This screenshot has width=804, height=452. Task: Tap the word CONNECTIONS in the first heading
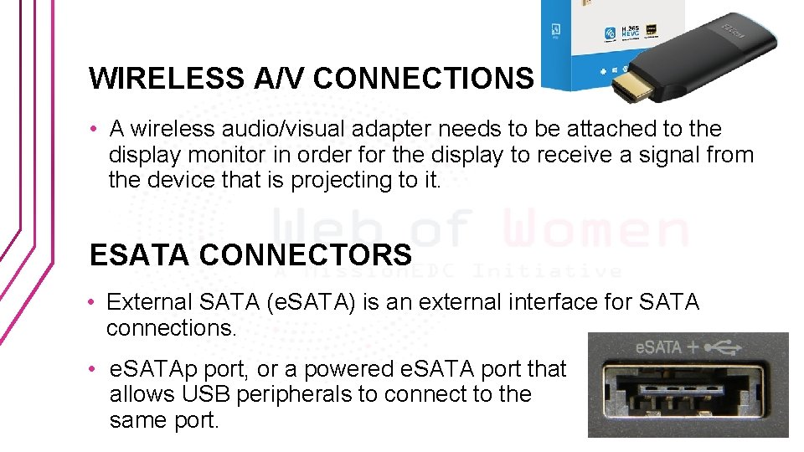(424, 78)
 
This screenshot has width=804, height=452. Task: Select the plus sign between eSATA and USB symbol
(693, 346)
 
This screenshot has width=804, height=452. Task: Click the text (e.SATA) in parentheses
(311, 302)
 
